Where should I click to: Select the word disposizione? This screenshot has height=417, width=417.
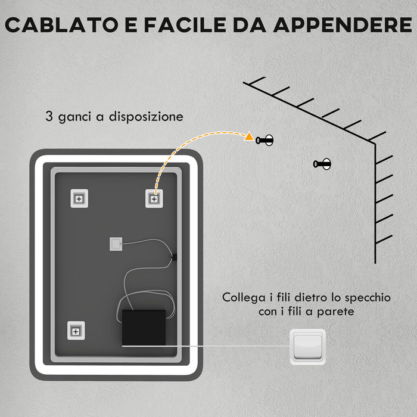148,117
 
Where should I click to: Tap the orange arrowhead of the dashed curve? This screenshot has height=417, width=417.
248,136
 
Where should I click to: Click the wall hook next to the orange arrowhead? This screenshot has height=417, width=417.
265,140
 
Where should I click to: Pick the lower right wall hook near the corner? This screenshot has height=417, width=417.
322,164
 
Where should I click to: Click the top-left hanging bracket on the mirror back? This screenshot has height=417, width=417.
79,198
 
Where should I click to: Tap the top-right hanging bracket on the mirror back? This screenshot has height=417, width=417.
154,198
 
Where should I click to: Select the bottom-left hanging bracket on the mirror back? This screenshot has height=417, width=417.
76,330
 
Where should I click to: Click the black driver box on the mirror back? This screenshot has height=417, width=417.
144,326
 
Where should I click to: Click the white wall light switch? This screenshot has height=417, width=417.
307,346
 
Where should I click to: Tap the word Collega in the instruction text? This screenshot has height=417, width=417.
243,297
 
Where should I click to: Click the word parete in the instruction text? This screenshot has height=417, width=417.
343,311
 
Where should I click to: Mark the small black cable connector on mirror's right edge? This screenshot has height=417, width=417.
174,257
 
